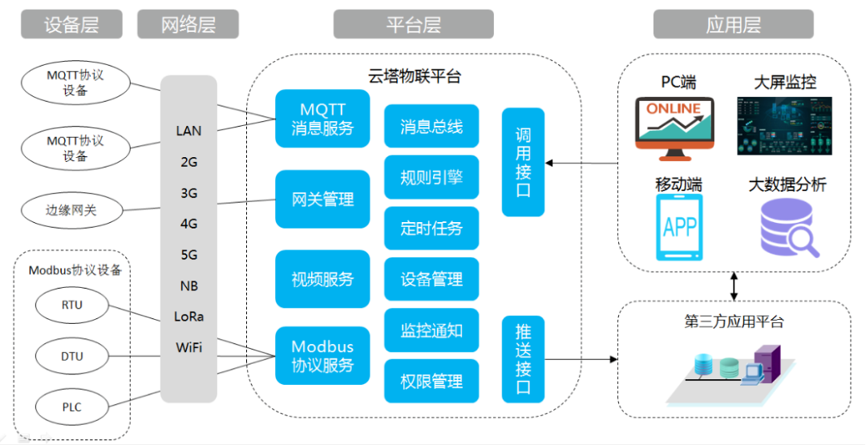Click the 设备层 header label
point(72,24)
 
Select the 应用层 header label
point(734,24)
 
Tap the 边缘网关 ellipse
point(71,210)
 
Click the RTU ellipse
point(72,305)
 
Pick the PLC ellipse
point(72,407)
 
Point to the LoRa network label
point(189,317)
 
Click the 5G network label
point(189,255)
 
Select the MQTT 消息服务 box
point(322,119)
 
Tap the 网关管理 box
point(322,200)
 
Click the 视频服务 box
point(322,279)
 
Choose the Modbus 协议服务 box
point(322,355)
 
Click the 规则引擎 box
point(431,177)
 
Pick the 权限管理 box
point(431,381)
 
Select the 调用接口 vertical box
point(523,162)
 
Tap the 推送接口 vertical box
point(523,359)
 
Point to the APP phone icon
point(679,227)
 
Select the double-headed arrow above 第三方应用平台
point(734,286)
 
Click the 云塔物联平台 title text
point(415,76)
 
